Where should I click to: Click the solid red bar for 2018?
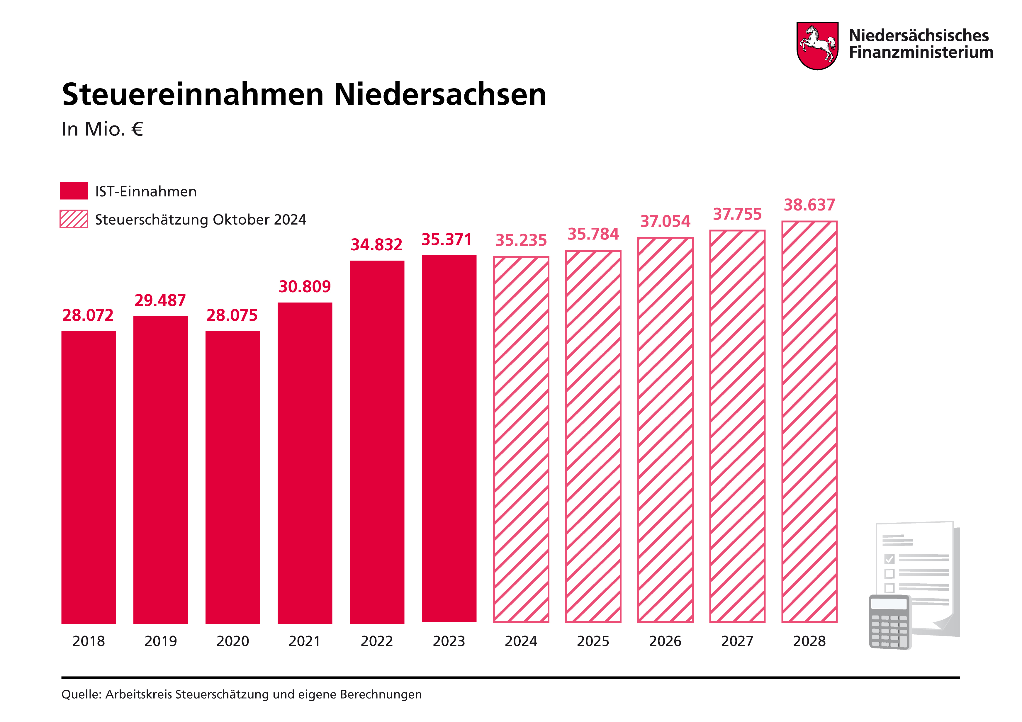[x=89, y=476]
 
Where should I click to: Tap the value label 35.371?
[x=447, y=239]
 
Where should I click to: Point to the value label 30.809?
[x=305, y=286]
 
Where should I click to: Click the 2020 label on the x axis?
[x=232, y=641]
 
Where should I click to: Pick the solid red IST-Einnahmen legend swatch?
[x=74, y=191]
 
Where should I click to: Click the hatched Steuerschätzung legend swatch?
[x=74, y=219]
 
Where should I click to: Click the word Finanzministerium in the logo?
[x=921, y=52]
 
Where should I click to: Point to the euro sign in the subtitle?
[x=137, y=129]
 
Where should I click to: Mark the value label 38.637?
[x=809, y=205]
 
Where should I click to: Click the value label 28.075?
[x=232, y=315]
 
